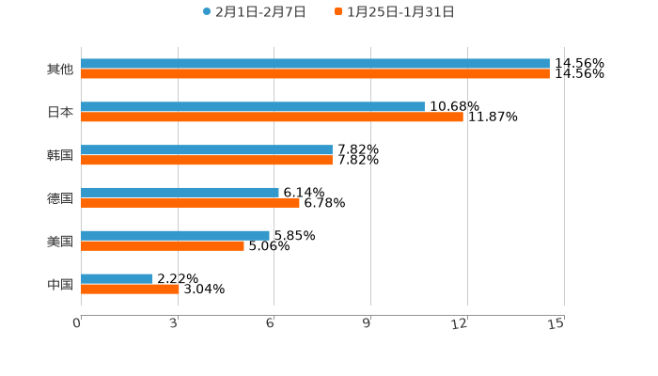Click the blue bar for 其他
click(315, 64)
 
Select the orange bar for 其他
click(315, 74)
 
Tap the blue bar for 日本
click(253, 107)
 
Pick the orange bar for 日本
click(272, 117)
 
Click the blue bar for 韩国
click(207, 150)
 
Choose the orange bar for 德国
click(190, 202)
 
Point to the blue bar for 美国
click(175, 235)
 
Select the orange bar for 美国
click(163, 245)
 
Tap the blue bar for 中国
click(117, 278)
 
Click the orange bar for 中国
click(130, 289)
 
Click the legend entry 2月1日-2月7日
click(254, 12)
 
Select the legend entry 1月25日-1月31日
click(394, 12)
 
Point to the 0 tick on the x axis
click(78, 323)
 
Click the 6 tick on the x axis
click(271, 323)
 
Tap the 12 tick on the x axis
click(461, 323)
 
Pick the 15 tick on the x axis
click(556, 323)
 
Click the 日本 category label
click(60, 112)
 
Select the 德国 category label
click(60, 198)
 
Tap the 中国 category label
click(60, 284)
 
